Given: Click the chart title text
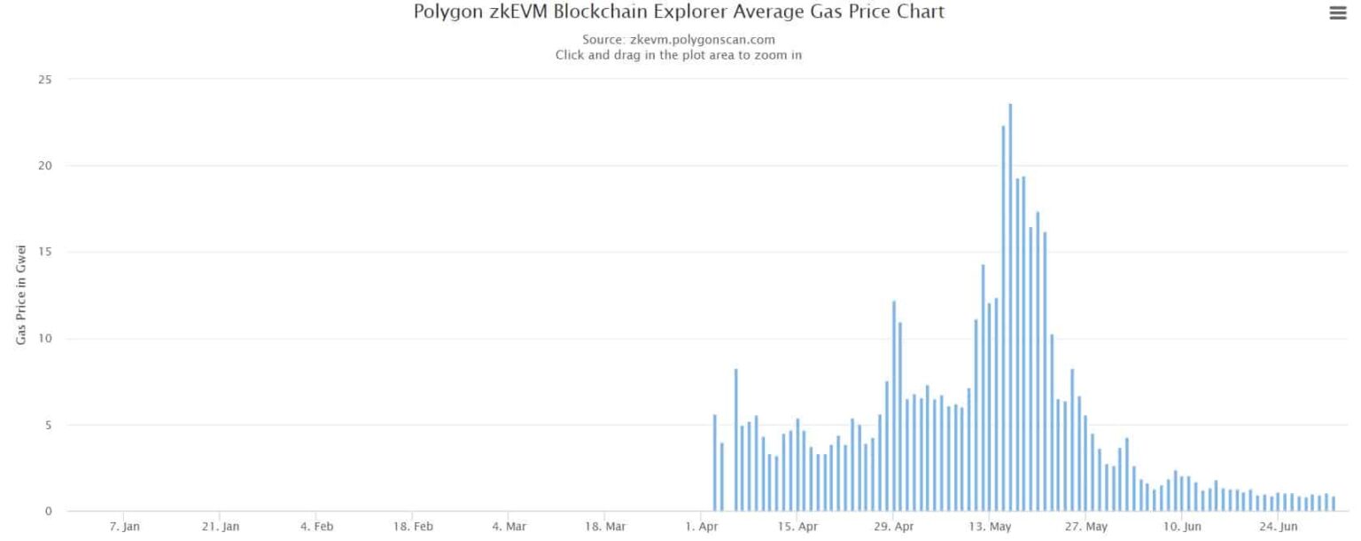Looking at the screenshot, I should coord(679,12).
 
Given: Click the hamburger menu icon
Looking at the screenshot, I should coord(1338,13).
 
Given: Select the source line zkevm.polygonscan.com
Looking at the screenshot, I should coord(679,40).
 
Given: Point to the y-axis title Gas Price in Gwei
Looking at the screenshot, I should coord(21,294).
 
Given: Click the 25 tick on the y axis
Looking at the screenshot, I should coord(46,80).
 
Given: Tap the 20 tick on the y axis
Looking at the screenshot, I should coord(46,166).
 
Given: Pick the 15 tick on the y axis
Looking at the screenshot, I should coord(46,252).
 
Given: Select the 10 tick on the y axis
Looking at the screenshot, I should coord(46,339).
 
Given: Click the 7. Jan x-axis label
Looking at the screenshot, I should coord(124,527).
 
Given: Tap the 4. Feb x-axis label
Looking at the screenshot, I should coord(316,527).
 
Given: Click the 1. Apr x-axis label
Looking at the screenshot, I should coord(701,527).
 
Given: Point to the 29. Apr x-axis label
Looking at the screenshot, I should coord(893,527).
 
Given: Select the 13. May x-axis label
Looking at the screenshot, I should coord(990,527).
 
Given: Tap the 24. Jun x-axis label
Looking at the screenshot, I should coord(1279,527).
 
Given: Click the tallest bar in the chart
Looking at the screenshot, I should coord(1010,307).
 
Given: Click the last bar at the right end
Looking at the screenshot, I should coord(1333,504).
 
